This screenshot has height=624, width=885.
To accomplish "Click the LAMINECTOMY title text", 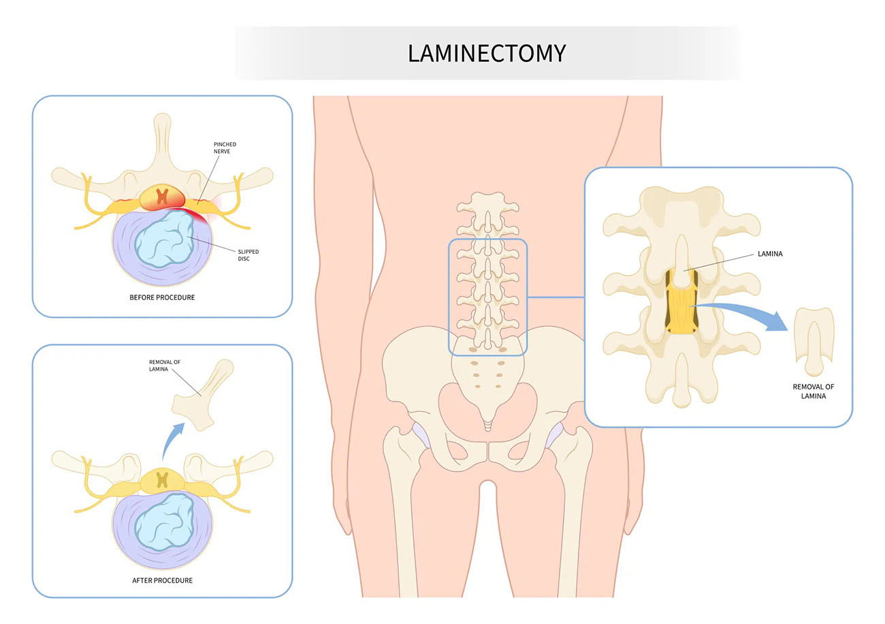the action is [487, 53].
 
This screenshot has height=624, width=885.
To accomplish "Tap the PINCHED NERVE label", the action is [225, 148].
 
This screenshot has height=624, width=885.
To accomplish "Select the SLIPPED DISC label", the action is [248, 255].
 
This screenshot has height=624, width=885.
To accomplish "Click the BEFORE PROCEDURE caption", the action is [162, 297].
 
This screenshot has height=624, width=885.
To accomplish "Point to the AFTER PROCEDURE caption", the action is [163, 580].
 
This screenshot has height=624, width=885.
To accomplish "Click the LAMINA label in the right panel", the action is [770, 254].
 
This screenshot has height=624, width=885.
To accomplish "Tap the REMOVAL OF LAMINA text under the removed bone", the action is [814, 391].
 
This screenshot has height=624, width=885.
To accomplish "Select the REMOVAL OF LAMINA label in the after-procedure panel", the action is [164, 365].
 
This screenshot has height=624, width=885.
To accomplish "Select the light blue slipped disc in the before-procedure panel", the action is [164, 239].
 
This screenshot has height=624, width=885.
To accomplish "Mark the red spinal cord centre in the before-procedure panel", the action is [162, 196].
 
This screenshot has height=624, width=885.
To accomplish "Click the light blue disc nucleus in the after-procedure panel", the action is [164, 522].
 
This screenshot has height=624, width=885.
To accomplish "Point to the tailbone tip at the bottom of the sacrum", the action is [487, 429].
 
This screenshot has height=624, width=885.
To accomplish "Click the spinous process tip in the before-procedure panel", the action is [162, 118].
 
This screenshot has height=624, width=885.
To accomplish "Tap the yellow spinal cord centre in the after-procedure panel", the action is [162, 480].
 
